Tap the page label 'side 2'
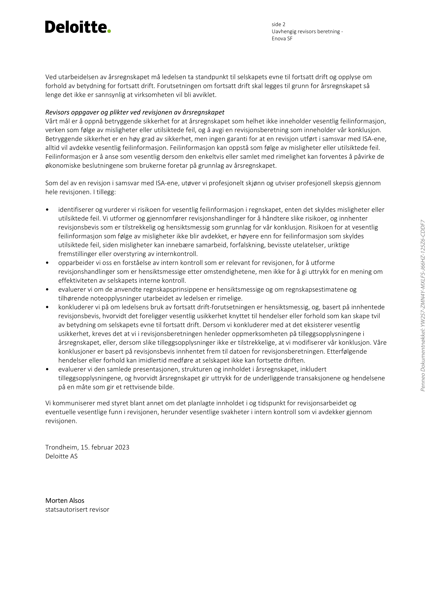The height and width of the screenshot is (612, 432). [278, 25]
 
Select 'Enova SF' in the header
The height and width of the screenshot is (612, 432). [282, 39]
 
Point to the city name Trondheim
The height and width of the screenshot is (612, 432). [61, 447]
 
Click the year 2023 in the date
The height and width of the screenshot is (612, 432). [122, 447]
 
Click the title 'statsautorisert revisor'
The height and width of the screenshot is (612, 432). [77, 510]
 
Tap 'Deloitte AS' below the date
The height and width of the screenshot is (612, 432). [61, 456]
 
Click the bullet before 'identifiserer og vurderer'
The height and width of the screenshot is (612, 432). [47, 210]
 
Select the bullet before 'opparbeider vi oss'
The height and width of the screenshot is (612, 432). [47, 263]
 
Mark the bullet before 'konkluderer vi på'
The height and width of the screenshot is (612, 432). [47, 307]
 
